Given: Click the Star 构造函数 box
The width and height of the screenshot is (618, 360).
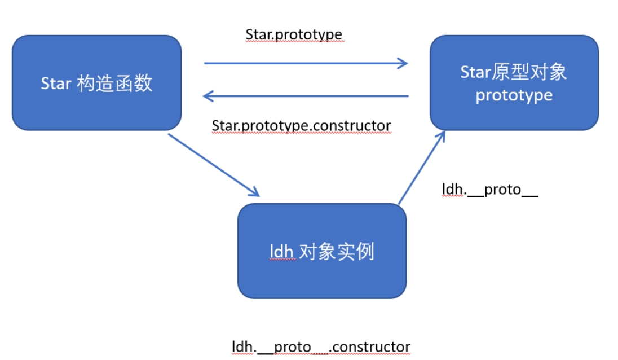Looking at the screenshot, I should click(x=96, y=82).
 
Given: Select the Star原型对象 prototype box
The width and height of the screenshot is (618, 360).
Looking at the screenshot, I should click(x=514, y=82).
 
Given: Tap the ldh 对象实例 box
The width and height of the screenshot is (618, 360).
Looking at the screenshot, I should click(x=321, y=251).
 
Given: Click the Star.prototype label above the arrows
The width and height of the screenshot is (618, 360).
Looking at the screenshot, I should click(x=294, y=34).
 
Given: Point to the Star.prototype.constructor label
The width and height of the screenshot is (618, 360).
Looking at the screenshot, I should click(x=301, y=125).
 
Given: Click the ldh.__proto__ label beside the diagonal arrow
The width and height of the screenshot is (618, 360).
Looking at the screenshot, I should click(x=489, y=190).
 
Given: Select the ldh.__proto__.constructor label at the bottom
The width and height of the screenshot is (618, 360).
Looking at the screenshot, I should click(x=321, y=346).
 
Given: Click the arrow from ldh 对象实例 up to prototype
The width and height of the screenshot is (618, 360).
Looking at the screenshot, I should click(x=421, y=167).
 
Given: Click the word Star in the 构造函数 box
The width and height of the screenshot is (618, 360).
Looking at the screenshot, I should click(x=56, y=84).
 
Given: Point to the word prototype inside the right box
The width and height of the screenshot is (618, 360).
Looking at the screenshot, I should click(x=514, y=95).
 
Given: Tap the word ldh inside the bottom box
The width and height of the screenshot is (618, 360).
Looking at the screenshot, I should click(x=282, y=252).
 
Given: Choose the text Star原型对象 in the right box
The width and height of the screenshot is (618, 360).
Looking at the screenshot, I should click(x=514, y=72).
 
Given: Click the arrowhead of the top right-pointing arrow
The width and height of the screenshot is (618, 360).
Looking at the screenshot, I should click(x=403, y=63).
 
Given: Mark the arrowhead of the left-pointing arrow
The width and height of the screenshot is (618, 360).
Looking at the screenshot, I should click(x=208, y=96).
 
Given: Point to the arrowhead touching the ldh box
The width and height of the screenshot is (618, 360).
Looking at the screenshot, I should click(x=254, y=192).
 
